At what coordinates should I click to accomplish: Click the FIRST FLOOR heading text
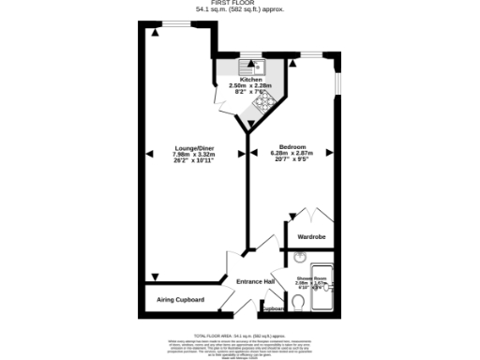click(239, 4)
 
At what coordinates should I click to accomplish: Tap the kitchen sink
click(253, 67)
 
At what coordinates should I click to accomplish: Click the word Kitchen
click(250, 80)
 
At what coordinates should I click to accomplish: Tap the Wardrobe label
click(310, 237)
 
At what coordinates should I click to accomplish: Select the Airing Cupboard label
click(180, 300)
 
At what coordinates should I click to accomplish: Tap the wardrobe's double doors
click(310, 217)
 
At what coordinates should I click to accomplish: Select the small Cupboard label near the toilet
click(272, 308)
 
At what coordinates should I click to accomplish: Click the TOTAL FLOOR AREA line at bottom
click(239, 335)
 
